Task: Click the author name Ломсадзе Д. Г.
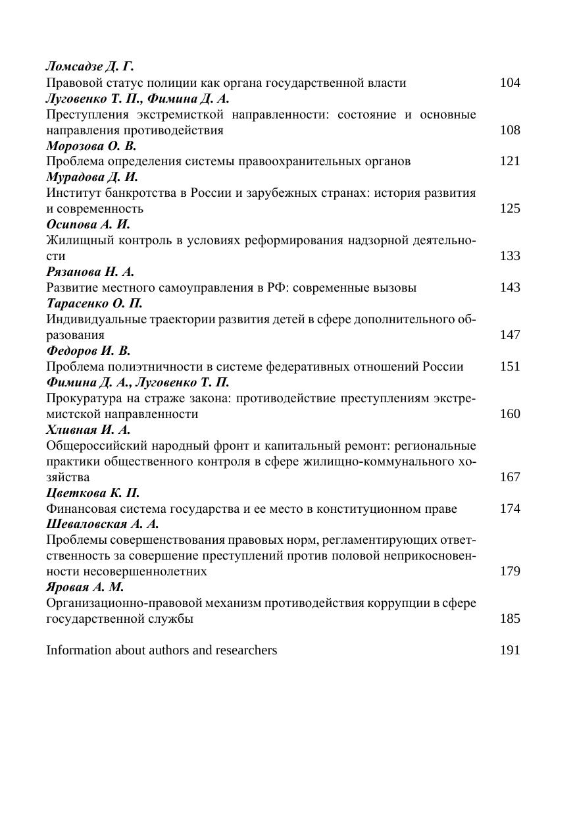(89, 66)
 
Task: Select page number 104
(510, 82)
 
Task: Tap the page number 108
(510, 130)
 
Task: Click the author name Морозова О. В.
(91, 145)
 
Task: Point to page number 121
(510, 161)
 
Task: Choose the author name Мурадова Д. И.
(92, 177)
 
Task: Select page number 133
(510, 256)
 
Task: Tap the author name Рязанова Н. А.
(90, 272)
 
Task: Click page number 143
(510, 288)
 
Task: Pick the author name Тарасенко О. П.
(94, 303)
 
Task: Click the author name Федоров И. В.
(88, 351)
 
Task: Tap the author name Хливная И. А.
(88, 430)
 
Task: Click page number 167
(510, 477)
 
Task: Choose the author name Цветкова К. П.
(93, 493)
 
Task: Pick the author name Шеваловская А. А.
(103, 525)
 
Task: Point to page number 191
(510, 650)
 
